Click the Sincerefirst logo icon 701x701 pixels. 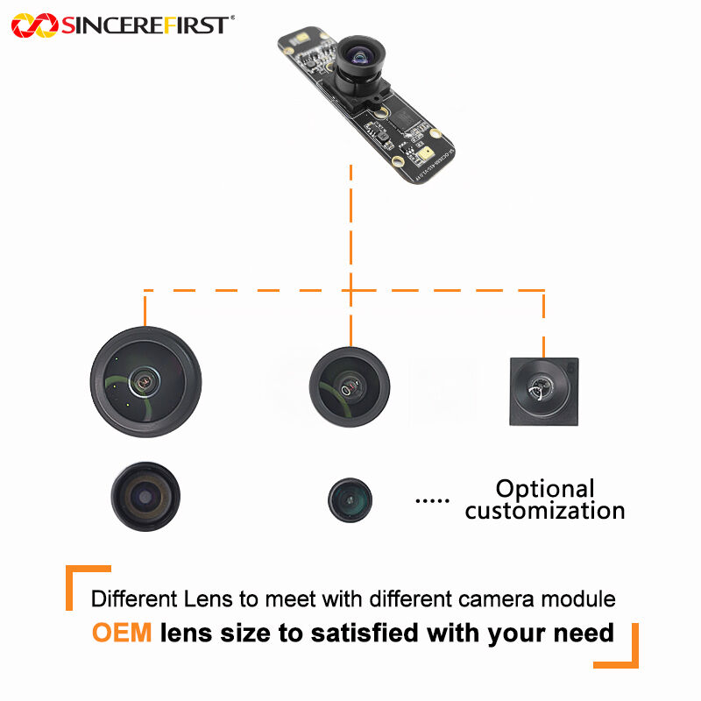pos(33,25)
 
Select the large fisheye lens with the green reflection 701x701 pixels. pos(145,380)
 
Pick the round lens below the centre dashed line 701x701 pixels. pos(350,385)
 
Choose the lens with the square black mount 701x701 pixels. pos(543,392)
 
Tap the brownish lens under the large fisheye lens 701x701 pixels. pos(146,497)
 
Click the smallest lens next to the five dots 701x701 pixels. pos(350,500)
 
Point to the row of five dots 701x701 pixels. pos(431,500)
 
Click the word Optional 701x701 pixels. pos(545,489)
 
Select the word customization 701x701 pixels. pos(545,510)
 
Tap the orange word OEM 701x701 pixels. pos(122,633)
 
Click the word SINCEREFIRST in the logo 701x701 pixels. pos(145,25)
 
